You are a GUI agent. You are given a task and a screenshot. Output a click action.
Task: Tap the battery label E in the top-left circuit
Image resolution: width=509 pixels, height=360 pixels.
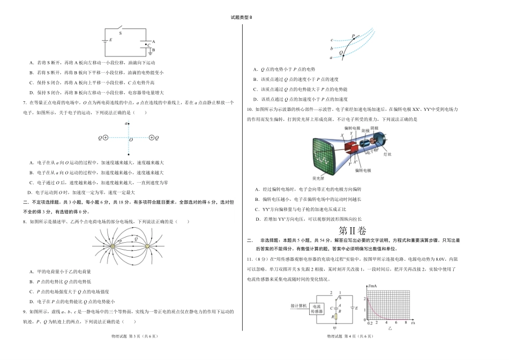tap(111, 40)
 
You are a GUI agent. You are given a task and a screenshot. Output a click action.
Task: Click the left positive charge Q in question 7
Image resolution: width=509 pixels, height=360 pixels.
tap(106, 138)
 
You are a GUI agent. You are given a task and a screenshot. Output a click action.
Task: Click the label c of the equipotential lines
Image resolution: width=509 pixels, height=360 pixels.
tap(332, 40)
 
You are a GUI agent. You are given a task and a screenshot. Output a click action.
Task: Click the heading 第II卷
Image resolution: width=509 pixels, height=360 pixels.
tap(352, 230)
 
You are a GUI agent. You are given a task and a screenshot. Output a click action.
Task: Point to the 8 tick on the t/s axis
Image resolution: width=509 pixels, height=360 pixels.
tap(405, 324)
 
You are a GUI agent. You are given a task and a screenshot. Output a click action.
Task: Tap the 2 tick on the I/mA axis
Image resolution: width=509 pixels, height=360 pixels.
tap(366, 298)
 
